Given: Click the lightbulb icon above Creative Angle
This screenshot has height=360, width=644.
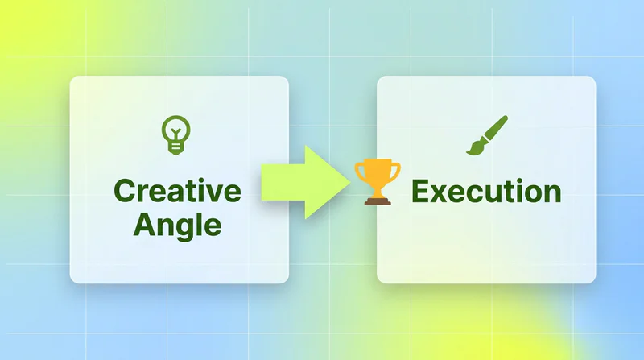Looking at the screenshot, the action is [175, 134].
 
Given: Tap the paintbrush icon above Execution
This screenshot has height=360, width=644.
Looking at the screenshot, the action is [487, 135].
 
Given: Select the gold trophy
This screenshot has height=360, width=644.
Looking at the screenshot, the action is [378, 182].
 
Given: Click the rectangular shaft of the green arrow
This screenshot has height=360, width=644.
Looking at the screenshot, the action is [283, 182].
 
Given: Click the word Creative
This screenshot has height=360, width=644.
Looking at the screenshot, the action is [177, 191].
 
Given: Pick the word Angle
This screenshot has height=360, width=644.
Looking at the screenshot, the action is [177, 226].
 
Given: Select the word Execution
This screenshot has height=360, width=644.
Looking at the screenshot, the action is [486, 191].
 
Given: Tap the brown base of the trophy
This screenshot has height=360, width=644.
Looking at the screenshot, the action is [378, 201].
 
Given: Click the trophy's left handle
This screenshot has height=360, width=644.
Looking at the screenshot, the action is [359, 171].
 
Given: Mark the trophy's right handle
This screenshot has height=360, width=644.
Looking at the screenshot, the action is [396, 171].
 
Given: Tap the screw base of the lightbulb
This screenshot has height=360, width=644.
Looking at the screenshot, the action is [175, 148].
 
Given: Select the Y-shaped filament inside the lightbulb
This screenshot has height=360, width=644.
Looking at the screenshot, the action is [175, 134].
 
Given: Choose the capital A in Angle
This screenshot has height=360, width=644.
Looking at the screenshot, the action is [146, 224].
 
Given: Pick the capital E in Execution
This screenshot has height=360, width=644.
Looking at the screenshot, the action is [420, 191].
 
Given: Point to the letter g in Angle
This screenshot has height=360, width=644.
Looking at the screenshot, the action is [186, 230].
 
